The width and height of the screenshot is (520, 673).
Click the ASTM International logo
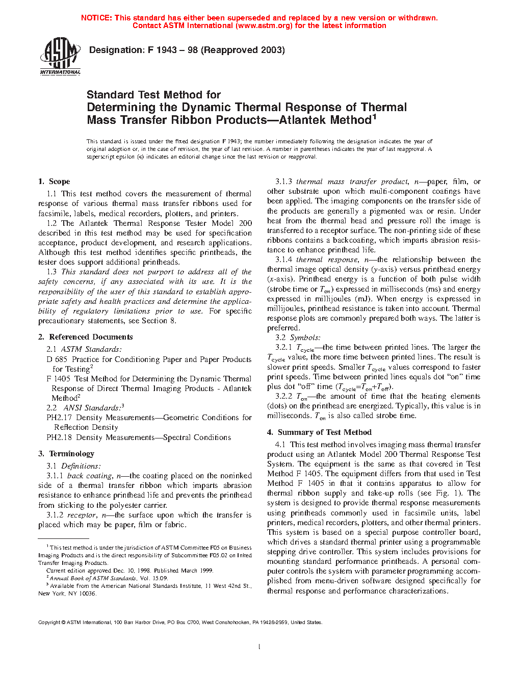(x=60, y=56)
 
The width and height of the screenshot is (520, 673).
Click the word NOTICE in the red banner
(x=96, y=18)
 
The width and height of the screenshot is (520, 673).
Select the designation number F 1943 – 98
(x=172, y=50)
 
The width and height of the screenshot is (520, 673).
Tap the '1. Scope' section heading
(x=54, y=182)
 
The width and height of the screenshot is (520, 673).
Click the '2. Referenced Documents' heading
(x=85, y=337)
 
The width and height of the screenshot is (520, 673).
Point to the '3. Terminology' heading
(x=66, y=454)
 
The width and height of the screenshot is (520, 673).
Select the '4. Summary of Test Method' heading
(x=319, y=432)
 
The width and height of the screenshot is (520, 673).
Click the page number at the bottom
(x=259, y=647)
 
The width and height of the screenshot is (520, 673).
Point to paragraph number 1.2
(x=51, y=223)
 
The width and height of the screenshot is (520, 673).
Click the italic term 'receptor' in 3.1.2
(x=82, y=515)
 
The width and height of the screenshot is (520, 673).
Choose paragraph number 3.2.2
(x=284, y=396)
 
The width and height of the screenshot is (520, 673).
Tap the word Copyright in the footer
(x=49, y=622)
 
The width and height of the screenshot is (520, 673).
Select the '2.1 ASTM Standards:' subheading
(x=84, y=349)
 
